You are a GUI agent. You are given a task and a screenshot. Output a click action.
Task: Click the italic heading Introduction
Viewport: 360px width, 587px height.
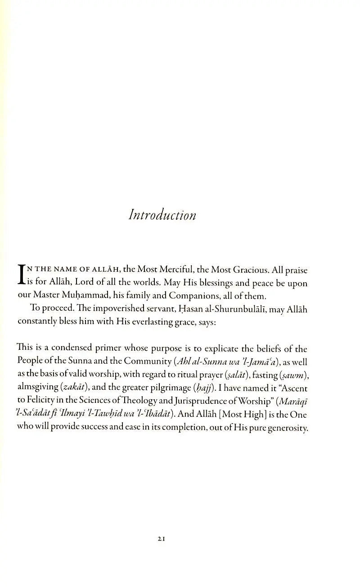[x=162, y=215]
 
